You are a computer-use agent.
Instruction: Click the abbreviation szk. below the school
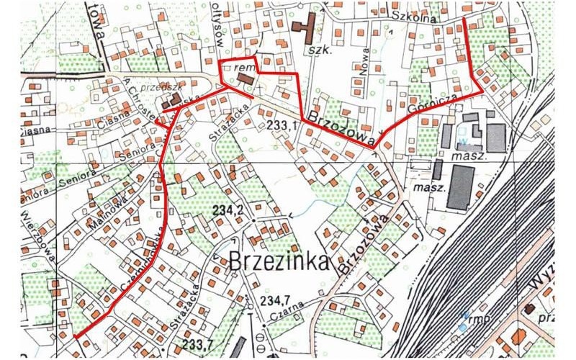[x=319, y=51]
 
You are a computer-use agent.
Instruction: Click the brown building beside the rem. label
[x=246, y=77]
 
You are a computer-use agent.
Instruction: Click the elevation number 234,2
[x=228, y=209]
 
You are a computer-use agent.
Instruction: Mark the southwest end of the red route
[x=75, y=336]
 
